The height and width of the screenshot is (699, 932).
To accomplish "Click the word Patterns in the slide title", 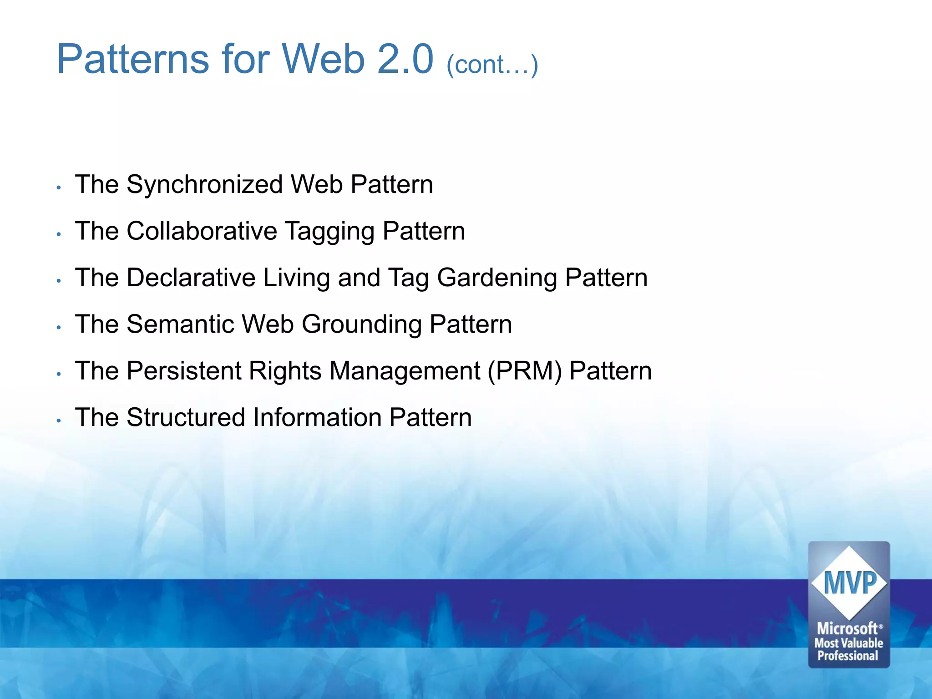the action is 132,60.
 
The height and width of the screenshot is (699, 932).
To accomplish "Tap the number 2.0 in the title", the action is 405,60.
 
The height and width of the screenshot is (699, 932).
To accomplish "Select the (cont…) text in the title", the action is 492,64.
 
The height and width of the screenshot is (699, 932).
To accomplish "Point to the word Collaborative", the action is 202,231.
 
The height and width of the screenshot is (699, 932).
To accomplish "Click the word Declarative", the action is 191,278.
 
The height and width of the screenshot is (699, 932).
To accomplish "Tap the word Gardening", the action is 497,279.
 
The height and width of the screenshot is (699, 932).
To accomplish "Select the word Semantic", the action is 180,324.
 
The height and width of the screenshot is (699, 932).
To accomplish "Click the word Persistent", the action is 184,370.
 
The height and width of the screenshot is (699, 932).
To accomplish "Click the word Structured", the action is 186,417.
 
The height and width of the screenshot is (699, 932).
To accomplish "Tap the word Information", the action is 317,417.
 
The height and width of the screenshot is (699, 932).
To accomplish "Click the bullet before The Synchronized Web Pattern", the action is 59,187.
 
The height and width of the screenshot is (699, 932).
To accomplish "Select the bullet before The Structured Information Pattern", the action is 59,420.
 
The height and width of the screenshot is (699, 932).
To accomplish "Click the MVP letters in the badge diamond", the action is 849,583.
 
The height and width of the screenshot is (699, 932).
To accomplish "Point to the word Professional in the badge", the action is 848,656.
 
